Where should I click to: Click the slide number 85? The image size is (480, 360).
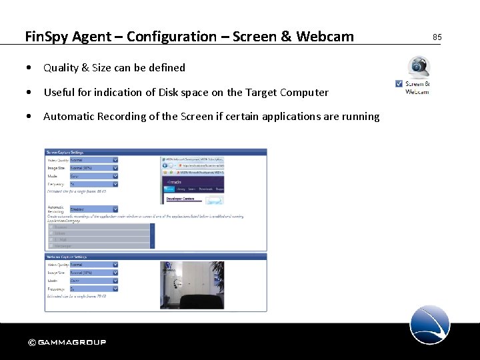pyautogui.click(x=437, y=37)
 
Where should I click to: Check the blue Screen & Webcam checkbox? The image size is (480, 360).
pyautogui.click(x=399, y=84)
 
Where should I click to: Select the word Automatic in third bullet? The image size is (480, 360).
pyautogui.click(x=69, y=117)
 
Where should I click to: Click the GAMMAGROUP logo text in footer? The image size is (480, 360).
pyautogui.click(x=71, y=343)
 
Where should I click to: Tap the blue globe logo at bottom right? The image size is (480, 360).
pyautogui.click(x=430, y=325)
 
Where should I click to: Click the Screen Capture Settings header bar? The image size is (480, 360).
pyautogui.click(x=155, y=152)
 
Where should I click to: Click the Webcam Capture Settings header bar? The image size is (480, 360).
pyautogui.click(x=155, y=257)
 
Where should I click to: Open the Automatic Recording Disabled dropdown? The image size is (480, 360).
pyautogui.click(x=93, y=209)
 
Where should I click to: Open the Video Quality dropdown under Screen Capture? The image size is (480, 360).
pyautogui.click(x=93, y=160)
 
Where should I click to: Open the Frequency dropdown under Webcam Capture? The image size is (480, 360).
pyautogui.click(x=93, y=289)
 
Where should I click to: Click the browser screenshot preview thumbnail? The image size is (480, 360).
pyautogui.click(x=193, y=181)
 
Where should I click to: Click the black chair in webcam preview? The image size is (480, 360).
pyautogui.click(x=200, y=301)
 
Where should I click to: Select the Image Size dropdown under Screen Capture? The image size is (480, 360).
pyautogui.click(x=93, y=168)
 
